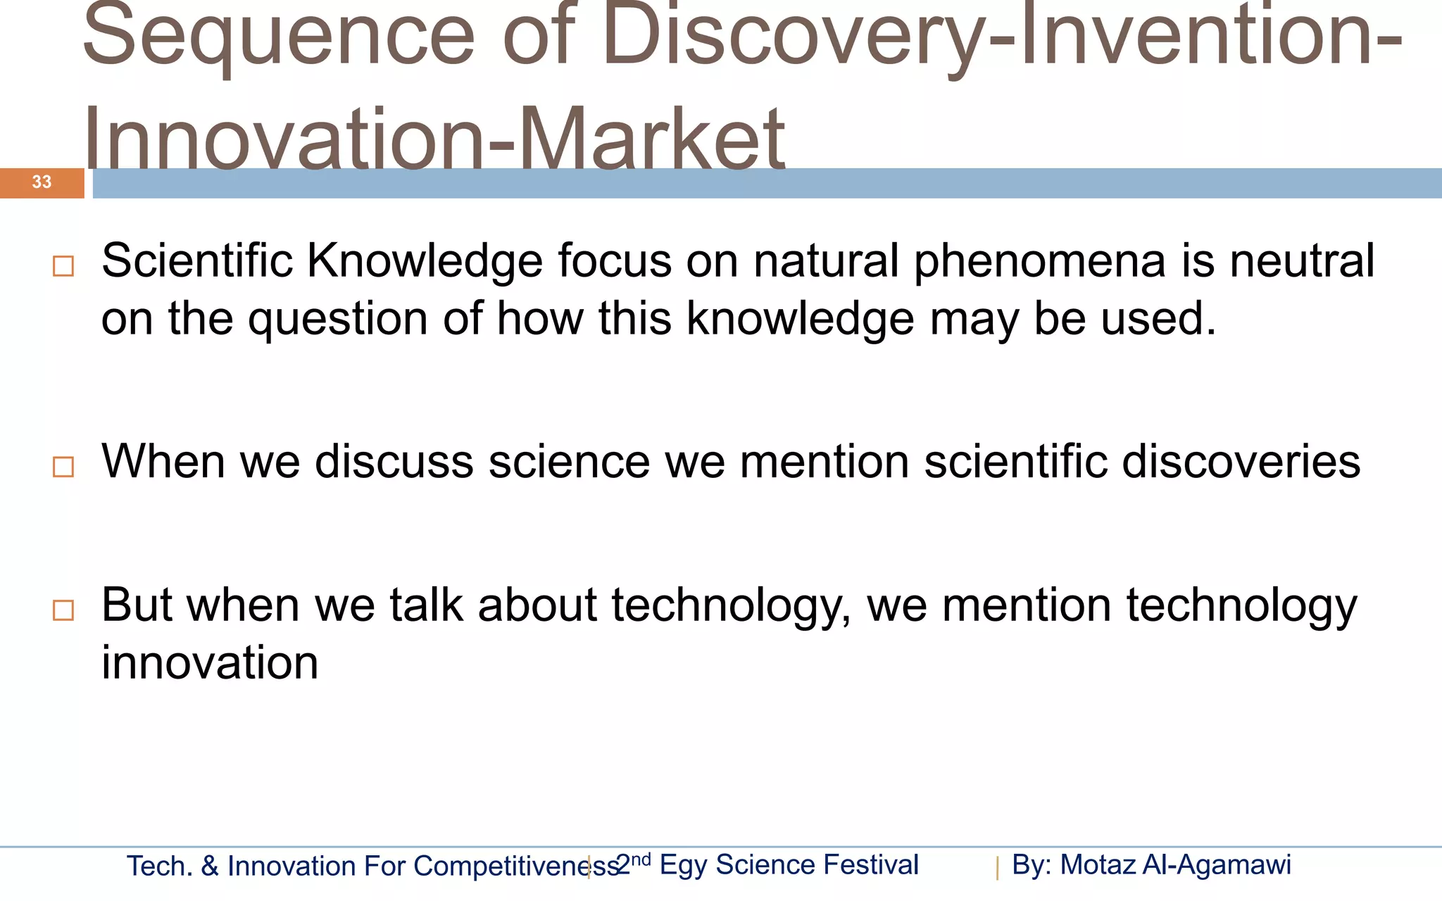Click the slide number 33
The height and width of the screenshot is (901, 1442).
click(x=42, y=182)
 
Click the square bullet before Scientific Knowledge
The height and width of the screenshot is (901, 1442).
click(x=63, y=266)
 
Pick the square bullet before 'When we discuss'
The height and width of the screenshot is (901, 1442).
click(x=63, y=467)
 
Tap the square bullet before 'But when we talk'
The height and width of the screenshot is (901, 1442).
click(x=63, y=610)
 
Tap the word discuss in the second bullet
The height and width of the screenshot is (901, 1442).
click(x=394, y=462)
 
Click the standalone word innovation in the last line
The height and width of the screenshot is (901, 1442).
click(x=210, y=663)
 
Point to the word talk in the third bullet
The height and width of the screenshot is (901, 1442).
click(x=427, y=605)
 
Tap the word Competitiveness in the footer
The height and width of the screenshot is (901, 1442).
click(x=507, y=867)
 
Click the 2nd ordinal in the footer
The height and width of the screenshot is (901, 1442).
click(x=633, y=864)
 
